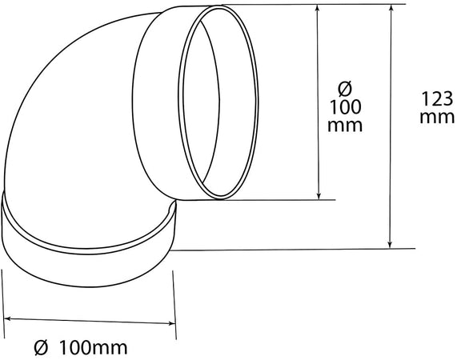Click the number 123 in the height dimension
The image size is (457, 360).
click(437, 99)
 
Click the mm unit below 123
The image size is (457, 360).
click(437, 118)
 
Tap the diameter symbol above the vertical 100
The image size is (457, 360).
click(345, 89)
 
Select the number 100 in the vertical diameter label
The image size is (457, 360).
click(345, 107)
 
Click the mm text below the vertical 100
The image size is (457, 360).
click(345, 126)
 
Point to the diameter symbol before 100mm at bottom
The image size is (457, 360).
click(41, 348)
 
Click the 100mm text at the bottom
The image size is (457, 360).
click(94, 348)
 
